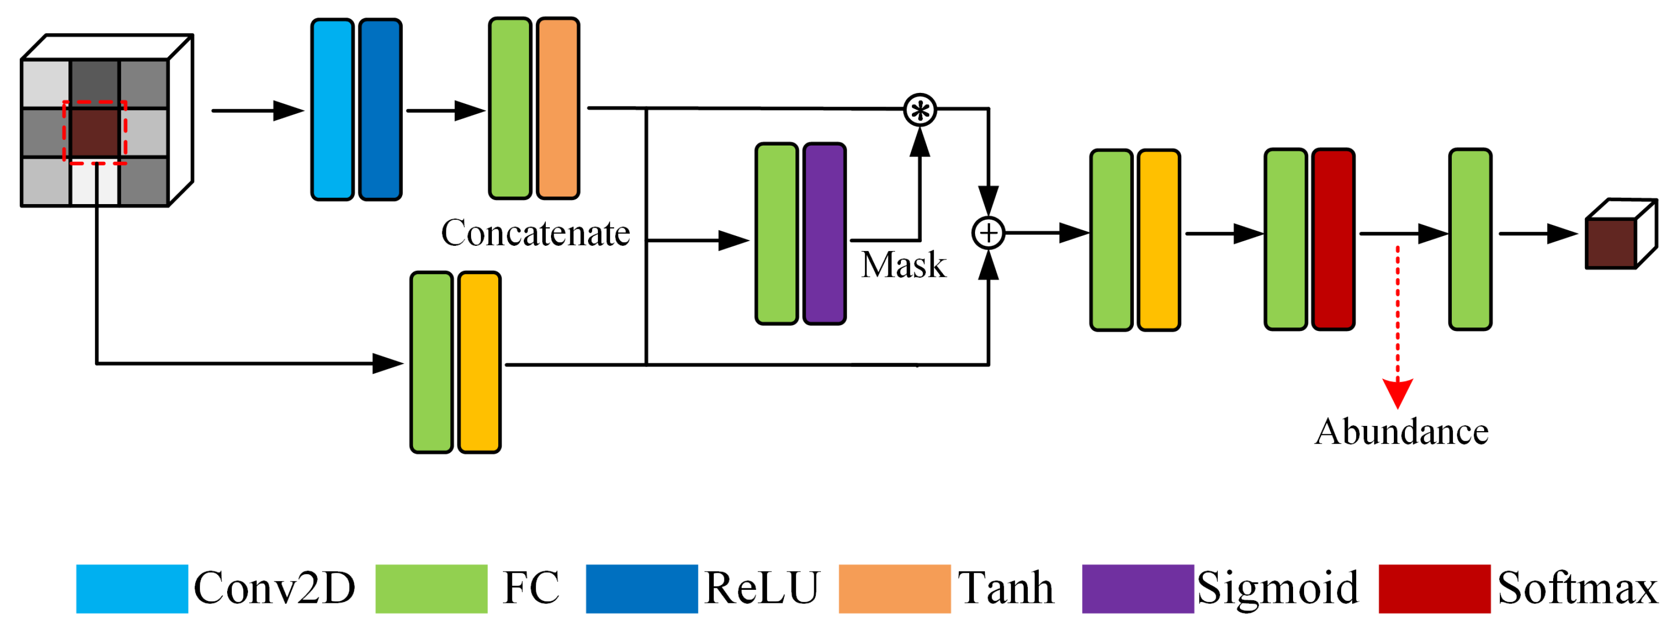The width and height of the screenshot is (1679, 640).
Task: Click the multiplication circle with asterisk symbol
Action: [x=920, y=110]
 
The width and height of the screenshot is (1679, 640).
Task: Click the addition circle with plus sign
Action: [x=988, y=233]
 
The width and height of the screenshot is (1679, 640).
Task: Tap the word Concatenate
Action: [x=535, y=233]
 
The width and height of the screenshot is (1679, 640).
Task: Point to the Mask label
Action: [x=903, y=265]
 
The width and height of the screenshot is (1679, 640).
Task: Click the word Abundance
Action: [x=1401, y=431]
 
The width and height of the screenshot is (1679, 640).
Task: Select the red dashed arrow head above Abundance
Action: [x=1398, y=394]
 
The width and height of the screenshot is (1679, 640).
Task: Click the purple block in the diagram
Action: [x=825, y=233]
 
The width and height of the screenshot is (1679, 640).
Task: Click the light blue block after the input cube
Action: [x=333, y=110]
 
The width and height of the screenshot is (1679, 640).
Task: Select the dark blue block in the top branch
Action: [x=380, y=110]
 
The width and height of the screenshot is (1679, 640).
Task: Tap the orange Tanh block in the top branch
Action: [x=558, y=108]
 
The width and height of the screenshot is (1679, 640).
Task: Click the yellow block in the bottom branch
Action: [x=479, y=362]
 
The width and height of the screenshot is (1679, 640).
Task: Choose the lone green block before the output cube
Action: [x=1470, y=239]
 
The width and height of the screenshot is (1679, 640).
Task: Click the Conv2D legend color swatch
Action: [x=132, y=588]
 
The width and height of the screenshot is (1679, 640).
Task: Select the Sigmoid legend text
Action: [x=1277, y=588]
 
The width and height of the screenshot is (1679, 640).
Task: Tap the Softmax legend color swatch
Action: [x=1434, y=588]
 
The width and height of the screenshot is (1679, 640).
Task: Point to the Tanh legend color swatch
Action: [x=894, y=588]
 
